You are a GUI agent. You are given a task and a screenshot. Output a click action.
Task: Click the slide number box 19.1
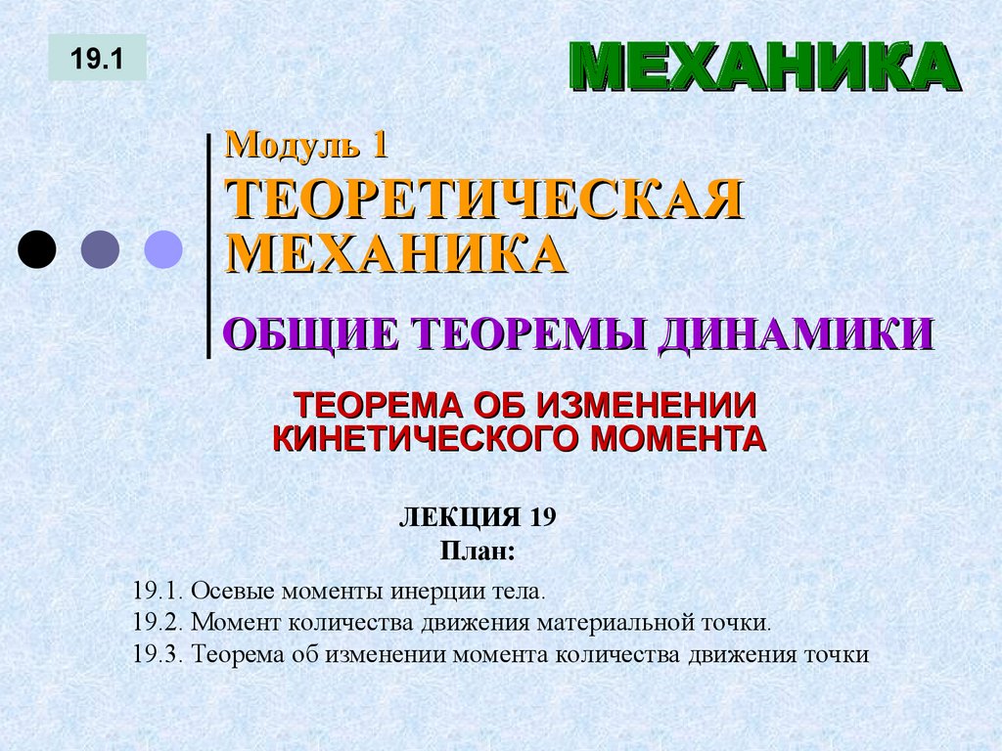coord(97,58)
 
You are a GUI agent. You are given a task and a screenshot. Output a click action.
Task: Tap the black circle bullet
coord(37,248)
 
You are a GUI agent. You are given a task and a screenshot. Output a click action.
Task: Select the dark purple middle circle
coord(100,248)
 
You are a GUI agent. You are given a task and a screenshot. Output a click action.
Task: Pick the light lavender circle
coord(163,248)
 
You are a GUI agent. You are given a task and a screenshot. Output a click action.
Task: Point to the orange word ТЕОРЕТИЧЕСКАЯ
coord(484,199)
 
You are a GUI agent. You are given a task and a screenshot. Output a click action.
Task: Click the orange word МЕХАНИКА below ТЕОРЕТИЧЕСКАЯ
coord(396,253)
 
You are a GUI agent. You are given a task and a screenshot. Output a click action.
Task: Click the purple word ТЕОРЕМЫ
coord(529,333)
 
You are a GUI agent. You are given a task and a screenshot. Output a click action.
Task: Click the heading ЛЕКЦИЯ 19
coord(478,517)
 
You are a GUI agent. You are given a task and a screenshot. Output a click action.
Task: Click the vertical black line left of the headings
coord(208,244)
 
